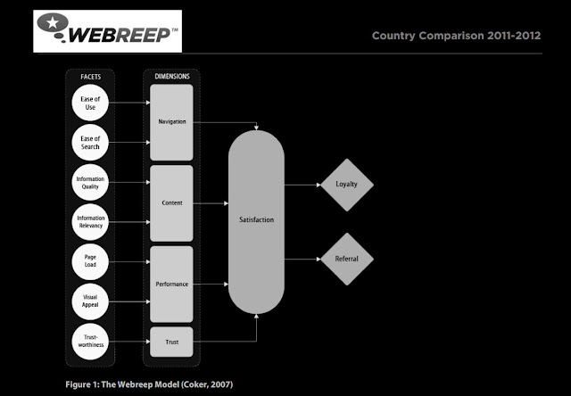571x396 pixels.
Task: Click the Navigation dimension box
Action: pos(171,122)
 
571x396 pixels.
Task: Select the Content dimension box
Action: pos(171,203)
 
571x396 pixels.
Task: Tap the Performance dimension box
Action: pos(171,285)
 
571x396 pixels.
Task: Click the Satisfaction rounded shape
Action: pos(256,219)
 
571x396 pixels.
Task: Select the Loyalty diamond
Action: pos(346,185)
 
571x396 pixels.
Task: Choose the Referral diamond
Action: pos(346,259)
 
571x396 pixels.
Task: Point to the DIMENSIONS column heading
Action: pos(171,77)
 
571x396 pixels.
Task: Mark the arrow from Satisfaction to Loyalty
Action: pos(302,185)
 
